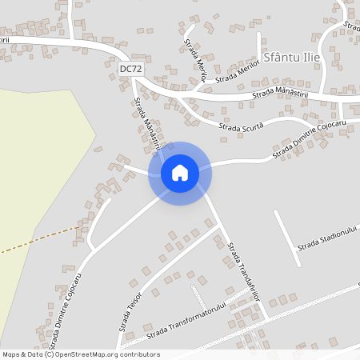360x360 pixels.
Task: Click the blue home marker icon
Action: [180, 172]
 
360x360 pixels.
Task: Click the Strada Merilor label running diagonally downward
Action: [195, 58]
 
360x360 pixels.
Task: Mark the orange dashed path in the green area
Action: [40, 238]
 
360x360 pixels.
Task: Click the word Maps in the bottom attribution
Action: [12, 354]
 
